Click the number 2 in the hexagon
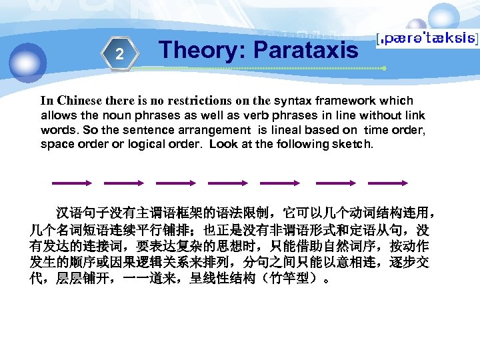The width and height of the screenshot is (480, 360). click(x=119, y=54)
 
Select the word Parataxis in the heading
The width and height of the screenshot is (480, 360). click(x=307, y=49)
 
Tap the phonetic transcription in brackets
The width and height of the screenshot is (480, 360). click(x=427, y=40)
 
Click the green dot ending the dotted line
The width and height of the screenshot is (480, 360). click(x=384, y=69)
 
